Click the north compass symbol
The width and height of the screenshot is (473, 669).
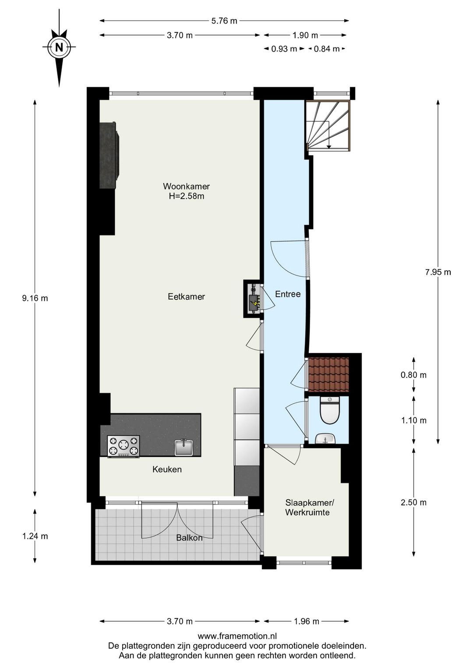(x=59, y=47)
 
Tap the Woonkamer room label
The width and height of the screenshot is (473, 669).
(x=186, y=186)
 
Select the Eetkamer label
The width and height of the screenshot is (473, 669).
(x=186, y=296)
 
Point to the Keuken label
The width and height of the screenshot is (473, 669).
(x=167, y=469)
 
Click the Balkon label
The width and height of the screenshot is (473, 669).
(x=189, y=538)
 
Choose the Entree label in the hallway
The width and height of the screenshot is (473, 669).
(x=288, y=294)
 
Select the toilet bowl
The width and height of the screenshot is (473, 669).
(x=330, y=410)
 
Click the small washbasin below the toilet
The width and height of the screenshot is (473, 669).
(x=325, y=438)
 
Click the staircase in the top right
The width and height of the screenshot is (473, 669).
(x=328, y=125)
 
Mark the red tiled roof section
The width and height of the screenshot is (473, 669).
(x=328, y=374)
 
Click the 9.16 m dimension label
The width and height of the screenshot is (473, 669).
(x=35, y=298)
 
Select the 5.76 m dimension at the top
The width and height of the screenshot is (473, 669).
(x=224, y=21)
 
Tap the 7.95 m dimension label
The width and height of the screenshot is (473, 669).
(x=438, y=272)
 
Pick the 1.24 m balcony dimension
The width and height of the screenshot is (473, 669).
(x=35, y=536)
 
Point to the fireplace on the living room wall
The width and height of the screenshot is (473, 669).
(x=109, y=155)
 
